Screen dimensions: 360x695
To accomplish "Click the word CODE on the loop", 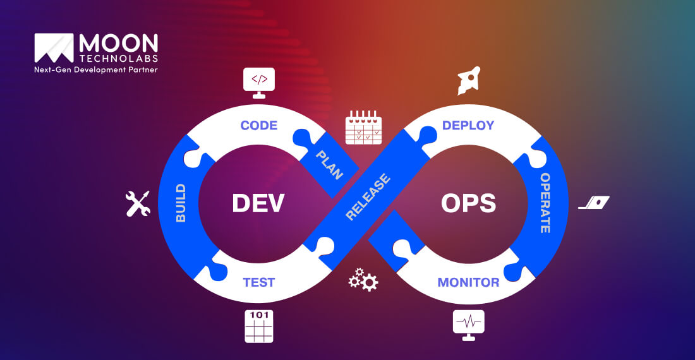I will [x=259, y=125].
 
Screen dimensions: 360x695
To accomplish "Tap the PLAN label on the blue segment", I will [x=329, y=164].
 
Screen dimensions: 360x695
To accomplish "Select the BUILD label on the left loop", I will [x=181, y=203].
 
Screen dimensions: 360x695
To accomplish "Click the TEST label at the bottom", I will [x=259, y=282].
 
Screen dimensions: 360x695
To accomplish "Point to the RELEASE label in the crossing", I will [x=368, y=197].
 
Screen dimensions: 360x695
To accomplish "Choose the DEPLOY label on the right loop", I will [x=468, y=125].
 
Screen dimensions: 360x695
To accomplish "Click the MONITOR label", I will [x=468, y=282].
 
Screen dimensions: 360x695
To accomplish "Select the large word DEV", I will [x=258, y=203].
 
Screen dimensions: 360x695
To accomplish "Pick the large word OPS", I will [x=468, y=203].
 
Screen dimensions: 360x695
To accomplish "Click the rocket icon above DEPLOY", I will [x=469, y=80].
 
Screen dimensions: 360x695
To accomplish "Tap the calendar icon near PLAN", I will [x=363, y=128].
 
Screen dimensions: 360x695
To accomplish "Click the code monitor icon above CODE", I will [x=259, y=83].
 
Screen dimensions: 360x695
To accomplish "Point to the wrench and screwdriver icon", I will [x=138, y=203].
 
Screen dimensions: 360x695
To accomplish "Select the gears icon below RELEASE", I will [x=363, y=280].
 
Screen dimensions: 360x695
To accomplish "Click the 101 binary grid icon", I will [x=259, y=326].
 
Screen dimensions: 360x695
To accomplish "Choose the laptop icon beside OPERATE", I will [x=595, y=203].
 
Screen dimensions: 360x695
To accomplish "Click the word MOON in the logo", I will [x=118, y=44].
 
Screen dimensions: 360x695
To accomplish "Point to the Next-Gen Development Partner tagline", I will [x=96, y=69].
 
